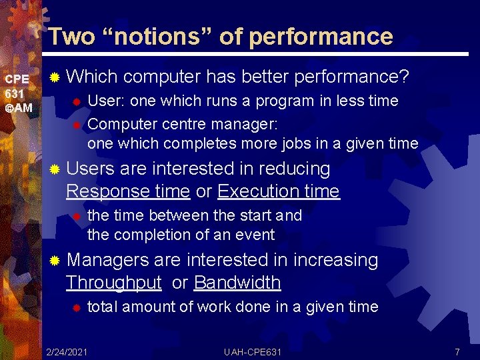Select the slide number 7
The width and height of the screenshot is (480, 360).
pyautogui.click(x=457, y=351)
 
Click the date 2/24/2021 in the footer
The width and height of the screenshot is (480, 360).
pyautogui.click(x=67, y=351)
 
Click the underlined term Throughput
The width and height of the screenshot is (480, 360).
pyautogui.click(x=113, y=283)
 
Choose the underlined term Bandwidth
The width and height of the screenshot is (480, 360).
pyautogui.click(x=237, y=283)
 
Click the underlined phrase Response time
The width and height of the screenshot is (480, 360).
pyautogui.click(x=128, y=192)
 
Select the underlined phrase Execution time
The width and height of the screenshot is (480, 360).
pyautogui.click(x=278, y=192)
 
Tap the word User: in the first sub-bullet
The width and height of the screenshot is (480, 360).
pyautogui.click(x=107, y=101)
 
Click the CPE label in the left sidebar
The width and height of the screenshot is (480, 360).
pyautogui.click(x=17, y=79)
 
